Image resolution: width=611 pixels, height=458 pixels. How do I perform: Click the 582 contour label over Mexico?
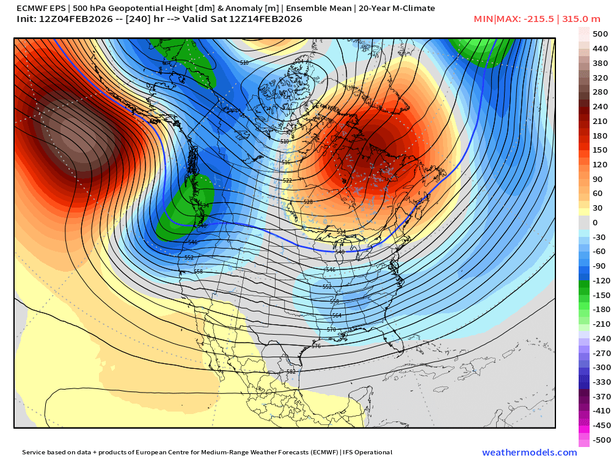click(291, 371)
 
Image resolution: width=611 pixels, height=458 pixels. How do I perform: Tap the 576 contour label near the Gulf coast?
click(316, 346)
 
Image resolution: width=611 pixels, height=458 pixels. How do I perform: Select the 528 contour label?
click(308, 202)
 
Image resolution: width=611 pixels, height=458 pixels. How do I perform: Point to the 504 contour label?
click(299, 62)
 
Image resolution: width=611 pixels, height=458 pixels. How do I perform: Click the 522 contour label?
click(288, 181)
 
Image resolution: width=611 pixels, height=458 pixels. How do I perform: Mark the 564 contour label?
click(337, 316)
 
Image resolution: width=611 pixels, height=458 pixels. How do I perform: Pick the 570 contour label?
click(332, 330)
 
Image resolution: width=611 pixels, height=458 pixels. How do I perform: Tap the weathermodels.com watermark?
click(529, 453)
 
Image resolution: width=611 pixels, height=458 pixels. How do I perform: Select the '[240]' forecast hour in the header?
click(153, 19)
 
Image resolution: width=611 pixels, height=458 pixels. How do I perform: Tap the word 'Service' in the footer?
click(35, 453)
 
